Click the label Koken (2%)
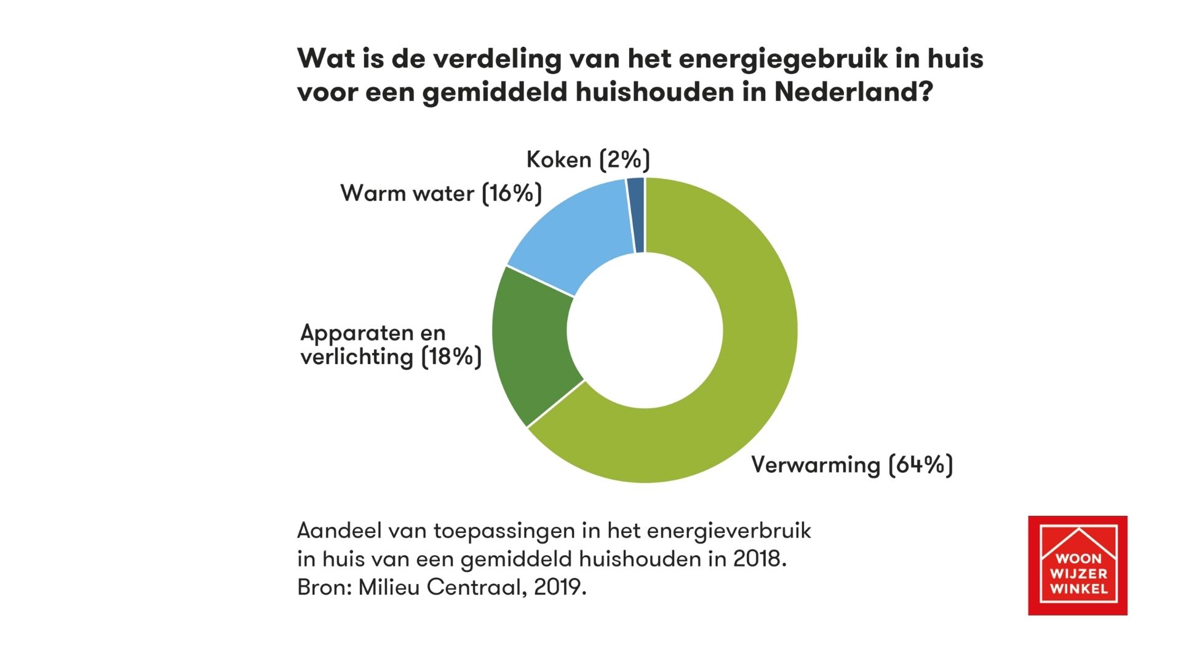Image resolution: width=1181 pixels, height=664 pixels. tap(588, 160)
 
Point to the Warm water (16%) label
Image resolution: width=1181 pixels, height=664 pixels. tap(441, 193)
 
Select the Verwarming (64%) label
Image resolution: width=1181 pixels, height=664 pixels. tap(852, 465)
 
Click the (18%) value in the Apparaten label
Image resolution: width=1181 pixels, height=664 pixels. tap(451, 357)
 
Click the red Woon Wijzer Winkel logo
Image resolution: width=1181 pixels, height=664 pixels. tap(1078, 565)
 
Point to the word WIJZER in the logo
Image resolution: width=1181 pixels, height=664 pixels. tap(1078, 574)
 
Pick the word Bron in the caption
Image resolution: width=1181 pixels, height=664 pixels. tap(321, 587)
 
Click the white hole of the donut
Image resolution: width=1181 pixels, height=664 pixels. tap(645, 330)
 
